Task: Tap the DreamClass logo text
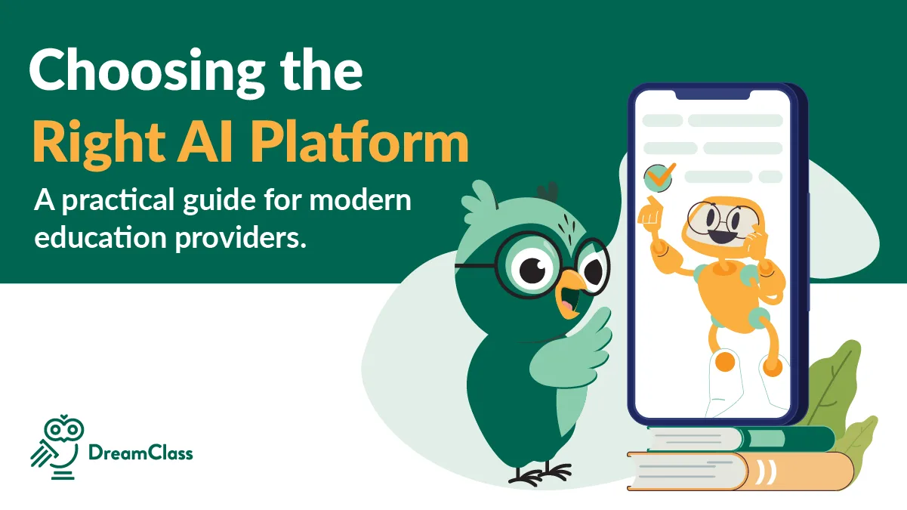point(140,453)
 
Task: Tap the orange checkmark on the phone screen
point(659,176)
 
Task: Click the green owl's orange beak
point(567,297)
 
